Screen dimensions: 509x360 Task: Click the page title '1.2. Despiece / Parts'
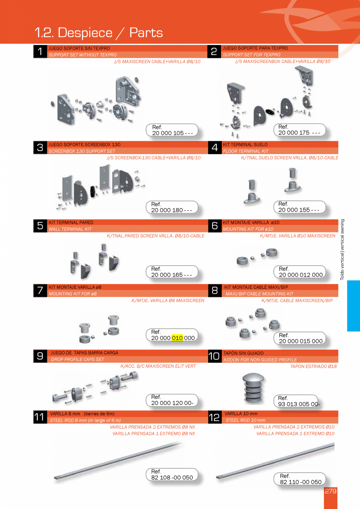coord(99,32)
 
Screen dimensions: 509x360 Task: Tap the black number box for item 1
coord(40,51)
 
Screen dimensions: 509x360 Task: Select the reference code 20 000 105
coord(172,133)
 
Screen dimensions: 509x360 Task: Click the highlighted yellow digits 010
coord(177,338)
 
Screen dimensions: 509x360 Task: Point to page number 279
coord(331,491)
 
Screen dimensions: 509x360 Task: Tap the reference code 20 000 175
coord(299,133)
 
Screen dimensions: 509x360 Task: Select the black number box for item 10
coord(214,356)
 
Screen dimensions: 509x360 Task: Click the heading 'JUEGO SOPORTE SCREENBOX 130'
coord(84,144)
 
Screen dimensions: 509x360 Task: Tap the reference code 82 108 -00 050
coord(172,477)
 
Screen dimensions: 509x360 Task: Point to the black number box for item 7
coord(40,290)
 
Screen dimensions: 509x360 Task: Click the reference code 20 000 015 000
coord(301,341)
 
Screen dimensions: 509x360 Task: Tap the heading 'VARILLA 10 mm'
coord(241,414)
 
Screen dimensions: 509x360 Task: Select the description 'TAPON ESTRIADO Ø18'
coord(313,366)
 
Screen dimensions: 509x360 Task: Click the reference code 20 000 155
coord(299,210)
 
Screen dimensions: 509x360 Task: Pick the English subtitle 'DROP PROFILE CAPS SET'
coord(77,359)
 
